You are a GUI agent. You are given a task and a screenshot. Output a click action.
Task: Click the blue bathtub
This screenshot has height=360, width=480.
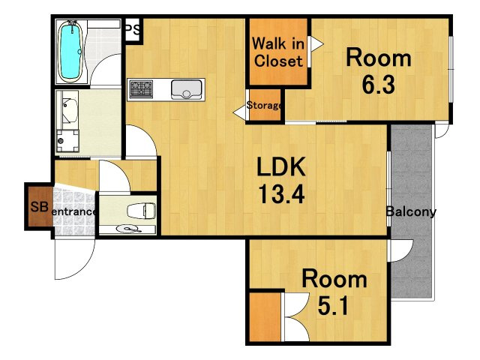click(70, 52)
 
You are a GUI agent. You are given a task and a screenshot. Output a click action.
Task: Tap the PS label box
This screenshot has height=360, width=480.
click(133, 30)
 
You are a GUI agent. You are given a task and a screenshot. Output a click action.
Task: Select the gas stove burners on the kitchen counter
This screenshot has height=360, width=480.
click(141, 89)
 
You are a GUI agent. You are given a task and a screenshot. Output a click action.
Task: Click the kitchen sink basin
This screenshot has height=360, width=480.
click(187, 89)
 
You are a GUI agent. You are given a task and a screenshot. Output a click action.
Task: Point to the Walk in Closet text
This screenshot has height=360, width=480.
click(278, 52)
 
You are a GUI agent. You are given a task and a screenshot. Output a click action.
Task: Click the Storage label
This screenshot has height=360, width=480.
click(264, 105)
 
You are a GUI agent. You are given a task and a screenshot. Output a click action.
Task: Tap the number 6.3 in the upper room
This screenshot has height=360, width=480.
click(379, 84)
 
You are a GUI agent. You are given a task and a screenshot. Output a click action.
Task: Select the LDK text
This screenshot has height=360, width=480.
click(281, 166)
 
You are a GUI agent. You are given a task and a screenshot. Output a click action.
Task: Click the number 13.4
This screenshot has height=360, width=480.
click(282, 194)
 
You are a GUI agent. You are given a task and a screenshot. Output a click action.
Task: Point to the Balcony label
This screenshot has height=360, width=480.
click(411, 211)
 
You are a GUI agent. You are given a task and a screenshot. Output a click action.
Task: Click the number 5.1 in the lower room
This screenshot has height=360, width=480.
click(333, 306)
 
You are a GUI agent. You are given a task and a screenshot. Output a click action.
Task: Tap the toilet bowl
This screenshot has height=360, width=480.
click(142, 211)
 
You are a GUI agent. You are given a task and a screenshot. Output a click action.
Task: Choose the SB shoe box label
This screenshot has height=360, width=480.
click(39, 207)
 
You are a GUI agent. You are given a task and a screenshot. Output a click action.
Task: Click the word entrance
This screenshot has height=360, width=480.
click(73, 211)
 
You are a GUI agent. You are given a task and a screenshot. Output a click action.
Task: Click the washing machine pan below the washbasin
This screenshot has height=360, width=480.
click(67, 141)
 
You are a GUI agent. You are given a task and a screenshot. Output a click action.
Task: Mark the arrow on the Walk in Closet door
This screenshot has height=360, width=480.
click(317, 44)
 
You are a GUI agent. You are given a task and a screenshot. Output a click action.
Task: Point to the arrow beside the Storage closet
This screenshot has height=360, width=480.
click(239, 113)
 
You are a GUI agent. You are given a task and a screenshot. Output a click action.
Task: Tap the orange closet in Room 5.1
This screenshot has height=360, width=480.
click(265, 316)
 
